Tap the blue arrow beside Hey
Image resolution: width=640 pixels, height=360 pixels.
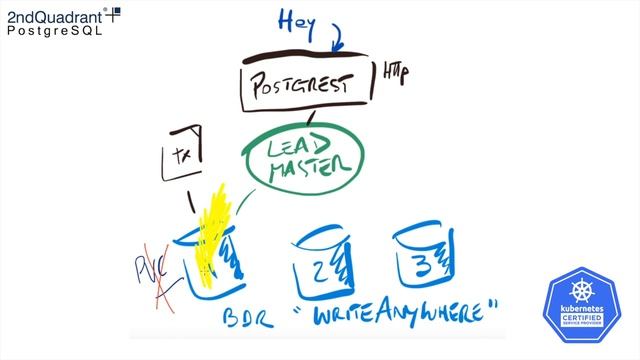coord(337,35)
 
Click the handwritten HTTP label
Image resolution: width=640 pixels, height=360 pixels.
coord(395,72)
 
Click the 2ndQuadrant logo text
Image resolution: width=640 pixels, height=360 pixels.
coord(56,14)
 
